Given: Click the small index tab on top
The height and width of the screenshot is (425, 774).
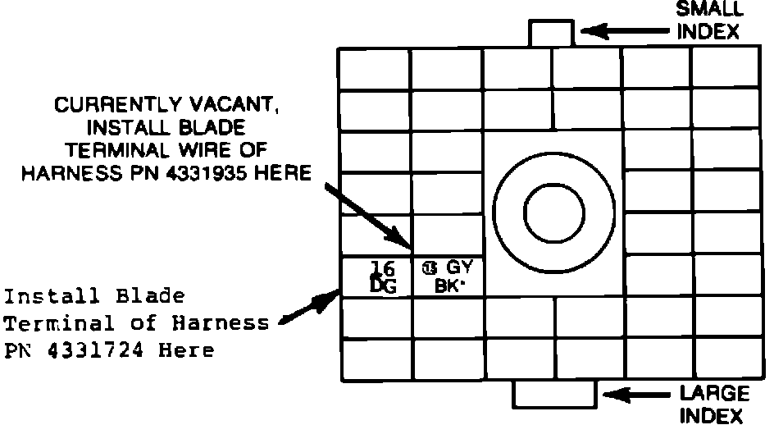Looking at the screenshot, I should pyautogui.click(x=551, y=34).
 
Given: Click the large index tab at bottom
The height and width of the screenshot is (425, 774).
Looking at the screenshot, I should pyautogui.click(x=552, y=395).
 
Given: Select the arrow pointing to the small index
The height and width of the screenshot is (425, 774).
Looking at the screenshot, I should pyautogui.click(x=627, y=32).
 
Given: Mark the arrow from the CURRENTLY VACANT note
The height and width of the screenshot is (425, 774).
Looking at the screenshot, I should pyautogui.click(x=368, y=214).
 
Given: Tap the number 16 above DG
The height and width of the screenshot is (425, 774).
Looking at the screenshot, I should pyautogui.click(x=382, y=267).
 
